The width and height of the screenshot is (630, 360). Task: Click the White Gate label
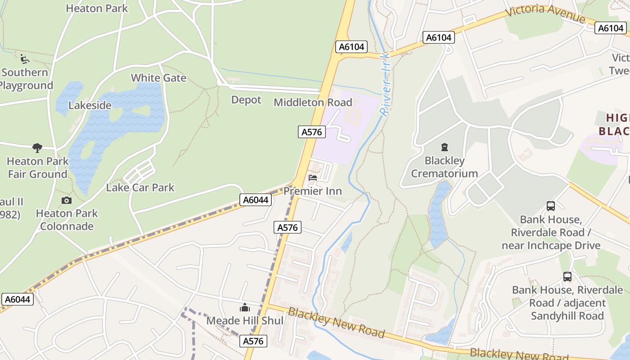click(x=158, y=78)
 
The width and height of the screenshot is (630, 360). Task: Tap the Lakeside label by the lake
click(x=90, y=105)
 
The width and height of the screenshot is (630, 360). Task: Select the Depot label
click(x=246, y=99)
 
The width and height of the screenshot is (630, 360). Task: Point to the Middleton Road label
click(x=313, y=103)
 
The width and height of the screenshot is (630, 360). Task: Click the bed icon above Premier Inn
click(x=313, y=178)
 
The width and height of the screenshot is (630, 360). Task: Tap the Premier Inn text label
click(x=313, y=191)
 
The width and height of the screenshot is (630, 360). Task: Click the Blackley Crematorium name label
click(x=444, y=167)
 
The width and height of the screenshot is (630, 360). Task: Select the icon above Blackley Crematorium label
click(x=445, y=147)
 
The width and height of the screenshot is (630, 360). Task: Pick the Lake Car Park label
click(x=140, y=188)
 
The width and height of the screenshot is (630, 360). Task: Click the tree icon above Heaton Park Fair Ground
click(x=37, y=148)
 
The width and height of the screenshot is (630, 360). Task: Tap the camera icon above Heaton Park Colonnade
click(x=67, y=200)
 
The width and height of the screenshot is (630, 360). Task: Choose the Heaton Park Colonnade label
click(x=67, y=220)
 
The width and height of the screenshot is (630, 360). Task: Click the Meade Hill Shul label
click(x=245, y=321)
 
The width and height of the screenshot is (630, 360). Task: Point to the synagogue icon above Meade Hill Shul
click(x=245, y=308)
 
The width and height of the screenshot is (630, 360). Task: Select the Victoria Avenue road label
click(x=545, y=15)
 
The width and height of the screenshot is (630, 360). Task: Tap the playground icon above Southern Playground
click(x=25, y=59)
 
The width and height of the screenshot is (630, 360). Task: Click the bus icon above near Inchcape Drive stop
click(x=551, y=206)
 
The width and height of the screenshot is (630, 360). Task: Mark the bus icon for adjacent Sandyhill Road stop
click(x=567, y=277)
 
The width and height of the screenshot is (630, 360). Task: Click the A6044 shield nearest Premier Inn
click(x=256, y=200)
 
